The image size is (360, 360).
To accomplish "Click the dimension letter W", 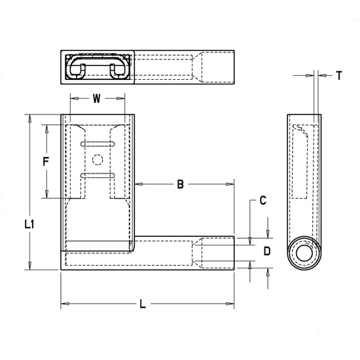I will click(97, 99).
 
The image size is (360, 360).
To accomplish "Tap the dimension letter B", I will click(180, 185).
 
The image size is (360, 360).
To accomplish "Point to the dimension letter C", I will click(262, 202).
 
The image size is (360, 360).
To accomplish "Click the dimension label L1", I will click(29, 225).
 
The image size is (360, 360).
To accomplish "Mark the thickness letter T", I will click(339, 76).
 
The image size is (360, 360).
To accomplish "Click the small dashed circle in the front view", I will click(98, 159).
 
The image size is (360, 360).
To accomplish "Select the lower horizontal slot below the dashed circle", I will click(98, 175).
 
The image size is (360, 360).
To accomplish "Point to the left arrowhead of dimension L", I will click(63, 304).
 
